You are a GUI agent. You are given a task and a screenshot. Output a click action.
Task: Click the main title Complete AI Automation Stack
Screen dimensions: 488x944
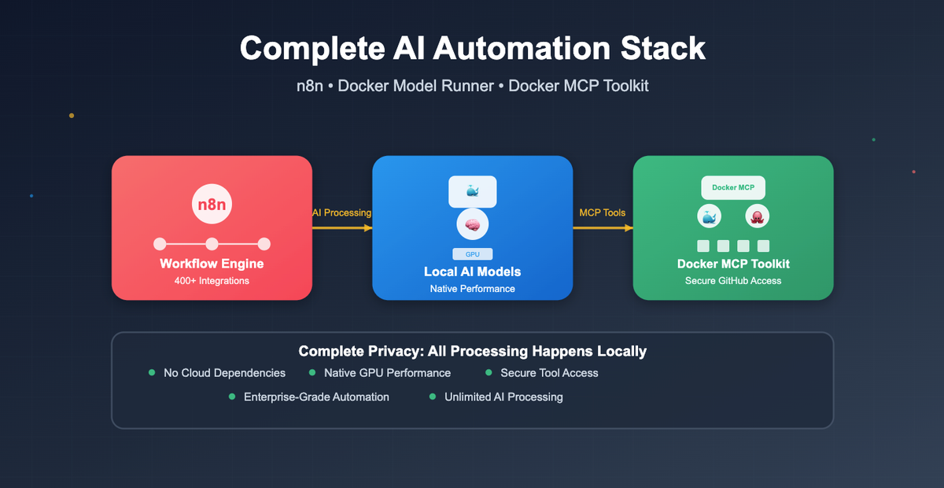(472, 48)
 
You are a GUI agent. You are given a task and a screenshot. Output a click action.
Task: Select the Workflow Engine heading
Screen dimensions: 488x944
(212, 264)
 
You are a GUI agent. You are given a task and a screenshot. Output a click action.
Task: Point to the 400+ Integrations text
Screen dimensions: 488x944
(212, 281)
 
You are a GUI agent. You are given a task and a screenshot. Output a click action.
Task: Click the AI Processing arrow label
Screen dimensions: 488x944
(342, 213)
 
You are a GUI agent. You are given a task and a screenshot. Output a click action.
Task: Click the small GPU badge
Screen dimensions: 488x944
(473, 254)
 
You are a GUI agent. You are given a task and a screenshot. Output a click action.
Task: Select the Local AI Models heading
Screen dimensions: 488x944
(473, 272)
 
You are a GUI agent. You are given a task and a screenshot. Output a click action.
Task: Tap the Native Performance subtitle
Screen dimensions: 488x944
(473, 289)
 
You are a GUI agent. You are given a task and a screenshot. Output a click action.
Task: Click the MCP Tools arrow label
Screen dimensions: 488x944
(603, 213)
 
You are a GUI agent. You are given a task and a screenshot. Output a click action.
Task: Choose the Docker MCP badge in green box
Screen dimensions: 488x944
(733, 187)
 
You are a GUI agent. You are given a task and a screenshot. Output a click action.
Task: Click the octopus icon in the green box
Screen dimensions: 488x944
(757, 217)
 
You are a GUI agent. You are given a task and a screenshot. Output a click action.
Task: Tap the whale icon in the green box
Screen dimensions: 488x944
(710, 217)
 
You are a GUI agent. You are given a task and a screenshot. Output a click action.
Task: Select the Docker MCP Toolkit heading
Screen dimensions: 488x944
(733, 264)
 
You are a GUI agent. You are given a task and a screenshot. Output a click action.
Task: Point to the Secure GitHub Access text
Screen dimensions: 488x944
(733, 281)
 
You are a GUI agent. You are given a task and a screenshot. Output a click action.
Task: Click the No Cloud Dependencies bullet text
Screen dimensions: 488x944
(224, 373)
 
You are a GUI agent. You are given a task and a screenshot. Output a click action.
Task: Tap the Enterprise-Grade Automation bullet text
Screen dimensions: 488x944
(316, 397)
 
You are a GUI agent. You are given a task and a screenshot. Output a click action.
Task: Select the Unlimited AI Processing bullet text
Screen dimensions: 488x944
(503, 397)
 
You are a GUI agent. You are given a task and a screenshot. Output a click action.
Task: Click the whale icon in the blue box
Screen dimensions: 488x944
(473, 191)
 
